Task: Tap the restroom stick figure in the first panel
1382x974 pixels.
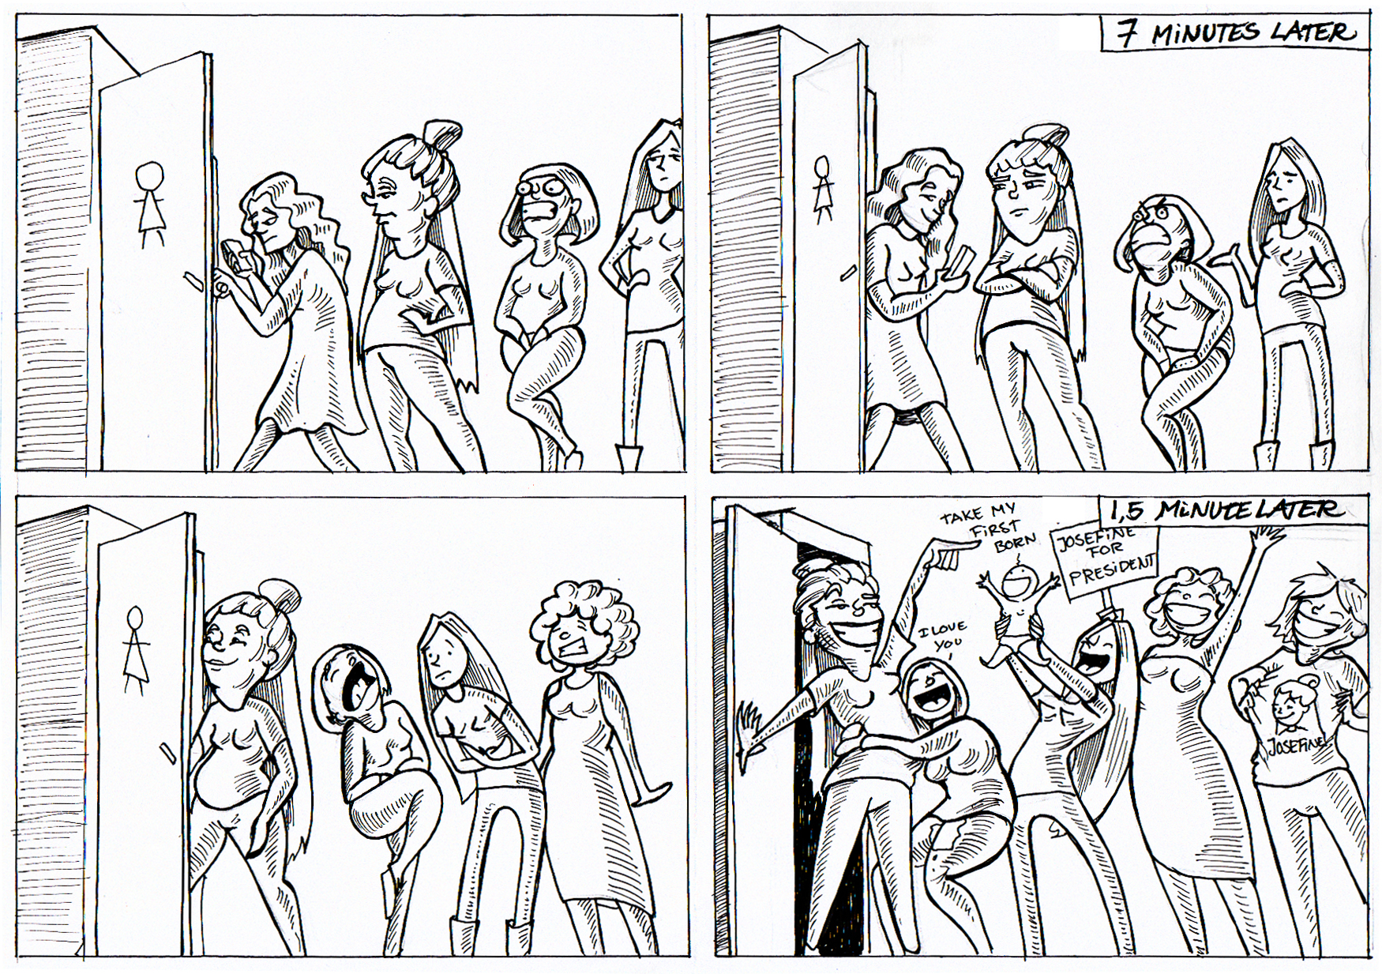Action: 148,205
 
